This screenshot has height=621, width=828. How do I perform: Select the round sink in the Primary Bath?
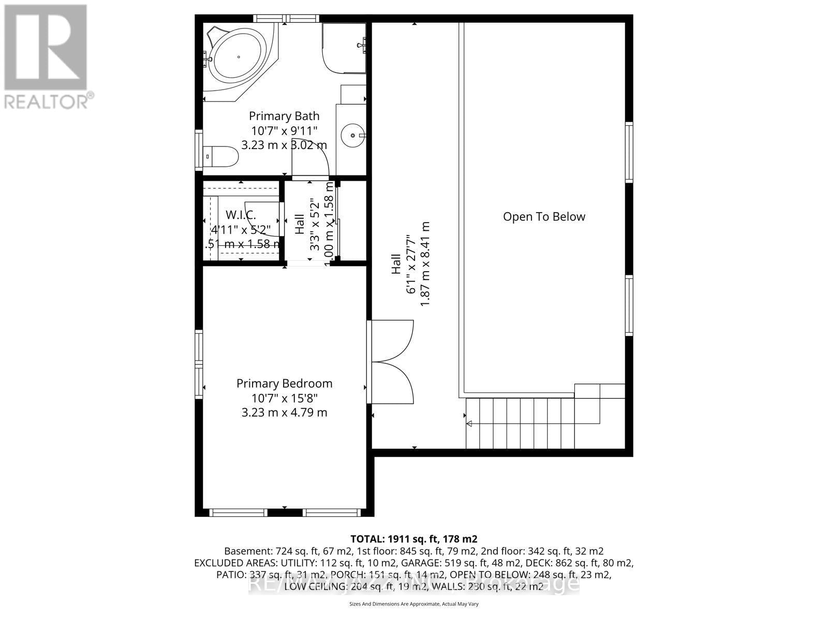coord(353,136)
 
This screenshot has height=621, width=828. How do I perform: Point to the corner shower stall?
coord(343,48)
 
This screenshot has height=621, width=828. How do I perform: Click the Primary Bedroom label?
coord(284,383)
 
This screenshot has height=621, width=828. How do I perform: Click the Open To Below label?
coord(544,217)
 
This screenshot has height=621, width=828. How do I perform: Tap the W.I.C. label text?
coord(241,214)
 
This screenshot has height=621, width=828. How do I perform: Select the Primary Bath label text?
coord(284,116)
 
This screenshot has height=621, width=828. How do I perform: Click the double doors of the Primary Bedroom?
coord(392,362)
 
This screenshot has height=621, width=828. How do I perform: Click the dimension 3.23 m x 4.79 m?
coord(284,412)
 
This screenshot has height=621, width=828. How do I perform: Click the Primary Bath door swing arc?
coord(316,158)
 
